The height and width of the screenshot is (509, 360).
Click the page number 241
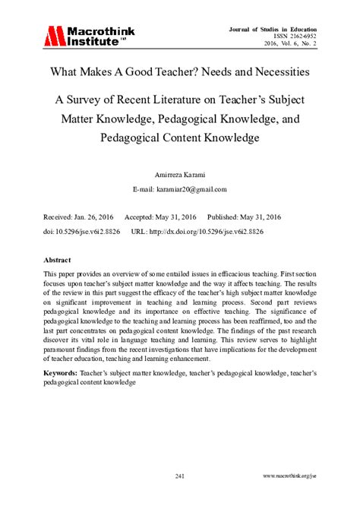pyautogui.click(x=180, y=476)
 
